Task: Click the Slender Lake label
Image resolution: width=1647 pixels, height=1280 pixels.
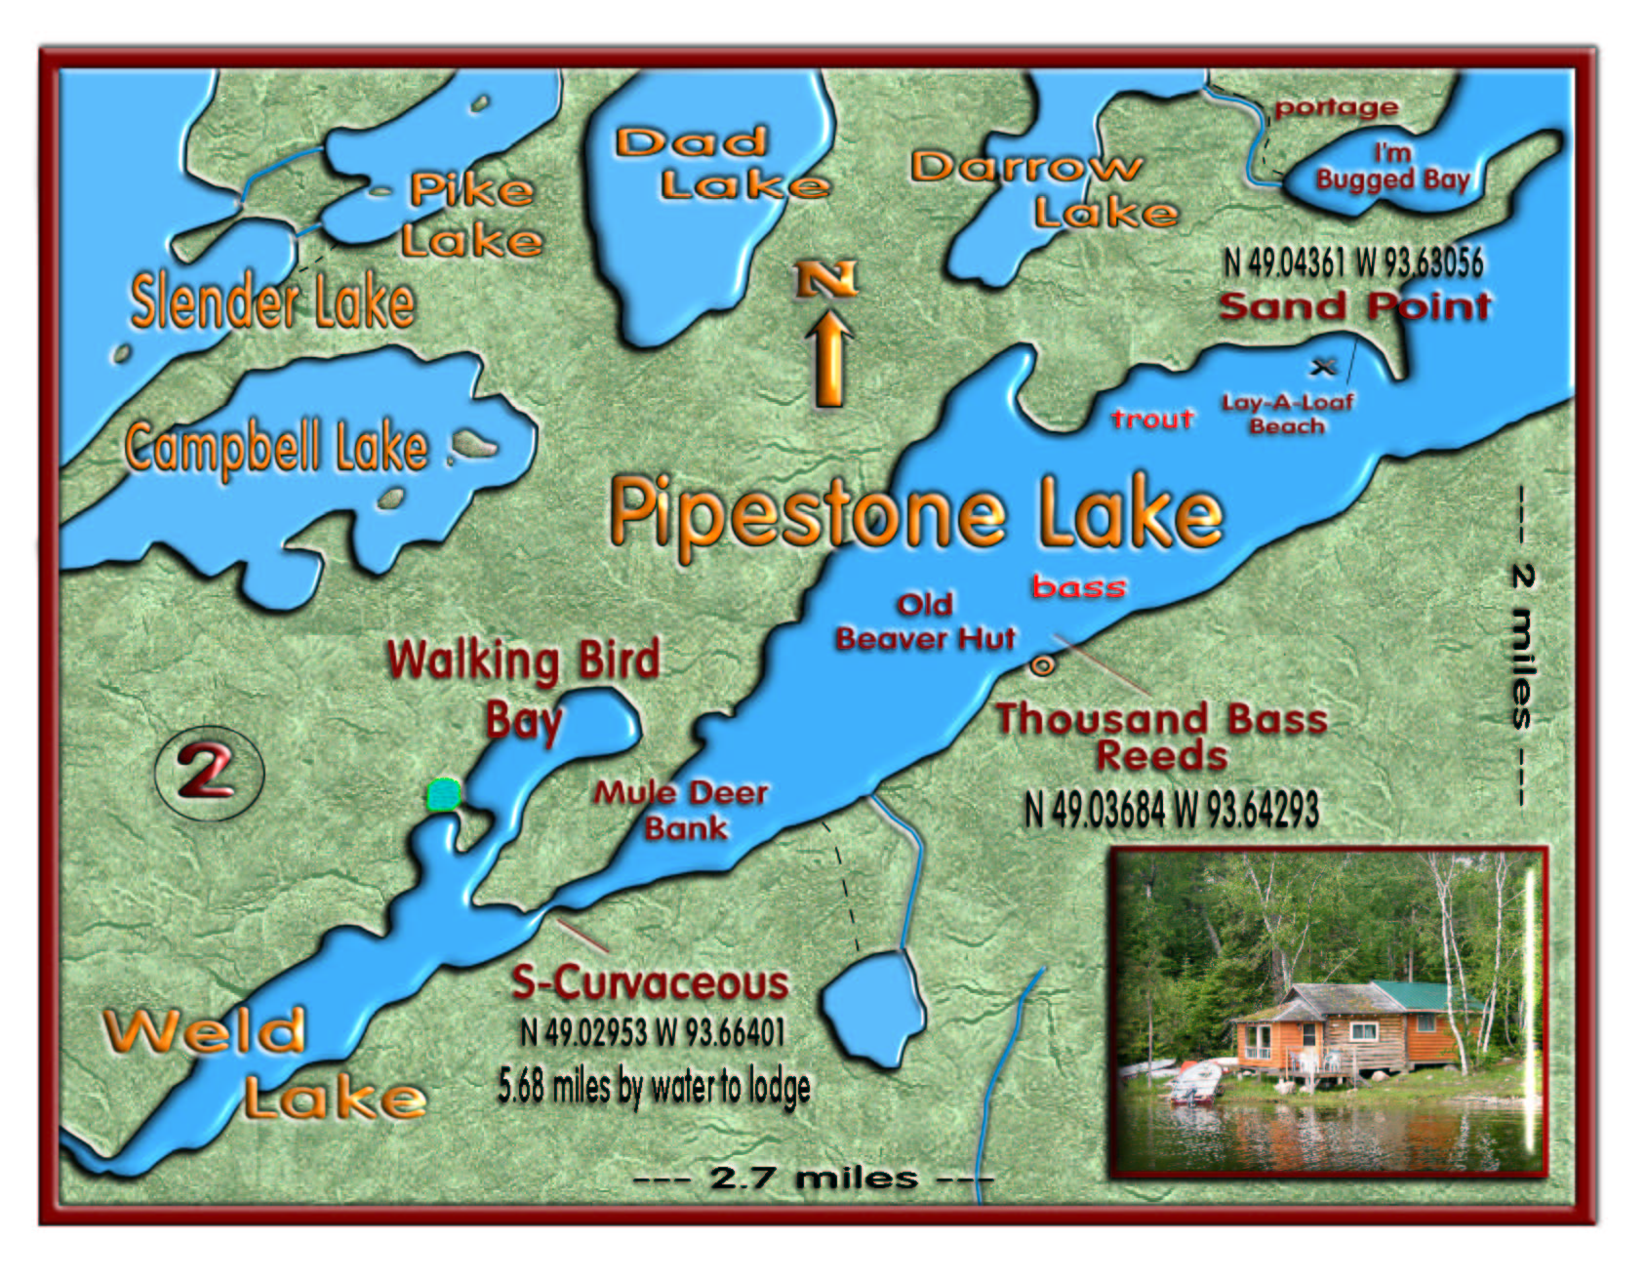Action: pos(272,301)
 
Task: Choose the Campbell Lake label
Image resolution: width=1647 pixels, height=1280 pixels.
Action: pos(277,448)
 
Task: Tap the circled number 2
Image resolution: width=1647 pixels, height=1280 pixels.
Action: pos(208,771)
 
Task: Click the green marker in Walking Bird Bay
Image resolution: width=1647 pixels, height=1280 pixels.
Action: pos(444,795)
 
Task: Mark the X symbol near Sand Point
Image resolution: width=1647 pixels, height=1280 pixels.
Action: pos(1323,367)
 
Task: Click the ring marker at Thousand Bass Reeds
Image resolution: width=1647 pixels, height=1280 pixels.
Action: pos(1043,666)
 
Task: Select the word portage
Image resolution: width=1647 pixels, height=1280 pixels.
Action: pos(1336,107)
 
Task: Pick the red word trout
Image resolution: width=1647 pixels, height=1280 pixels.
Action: pos(1152,420)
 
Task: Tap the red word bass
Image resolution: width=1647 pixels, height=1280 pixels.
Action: pos(1079,586)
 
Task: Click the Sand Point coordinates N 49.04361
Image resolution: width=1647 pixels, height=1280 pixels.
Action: pos(1352,261)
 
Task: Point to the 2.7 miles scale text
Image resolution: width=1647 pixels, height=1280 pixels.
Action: pos(813,1178)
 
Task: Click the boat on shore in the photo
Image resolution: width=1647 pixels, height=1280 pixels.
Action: pos(1196,1081)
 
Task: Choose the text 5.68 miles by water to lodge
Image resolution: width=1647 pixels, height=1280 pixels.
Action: pos(654,1086)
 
